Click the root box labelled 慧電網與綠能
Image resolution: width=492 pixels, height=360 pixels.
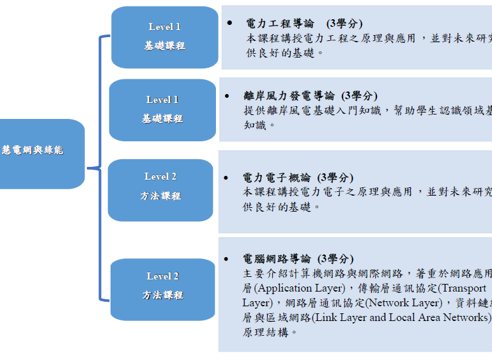point(38,152)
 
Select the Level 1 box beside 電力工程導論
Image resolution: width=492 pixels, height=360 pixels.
point(164,37)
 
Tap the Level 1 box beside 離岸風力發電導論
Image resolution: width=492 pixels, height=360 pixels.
point(162,109)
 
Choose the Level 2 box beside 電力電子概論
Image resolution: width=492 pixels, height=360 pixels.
point(160,187)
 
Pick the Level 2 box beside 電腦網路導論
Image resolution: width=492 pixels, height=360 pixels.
point(162,286)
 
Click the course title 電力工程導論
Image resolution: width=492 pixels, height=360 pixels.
point(279,24)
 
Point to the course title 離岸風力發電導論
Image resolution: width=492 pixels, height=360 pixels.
point(289,96)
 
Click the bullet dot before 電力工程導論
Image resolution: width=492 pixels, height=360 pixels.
point(230,22)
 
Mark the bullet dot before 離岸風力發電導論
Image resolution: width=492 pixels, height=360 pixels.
point(227,95)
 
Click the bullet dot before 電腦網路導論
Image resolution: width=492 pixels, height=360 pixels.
point(226,259)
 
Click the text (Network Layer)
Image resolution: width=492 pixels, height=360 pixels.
point(400,303)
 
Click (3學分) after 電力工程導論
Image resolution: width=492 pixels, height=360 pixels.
point(344,24)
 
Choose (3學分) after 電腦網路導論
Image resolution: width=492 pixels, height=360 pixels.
point(335,259)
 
